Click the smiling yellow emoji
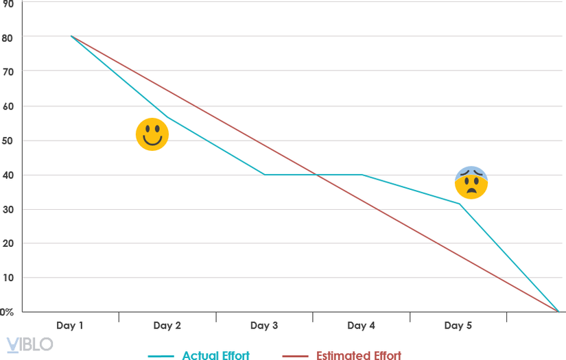coord(152,134)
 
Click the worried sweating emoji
coord(471,182)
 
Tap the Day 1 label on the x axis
coord(71,326)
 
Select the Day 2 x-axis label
coord(167,326)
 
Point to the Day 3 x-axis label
coord(264,326)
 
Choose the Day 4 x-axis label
coord(362,326)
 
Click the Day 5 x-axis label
coord(458,326)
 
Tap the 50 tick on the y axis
coord(8,141)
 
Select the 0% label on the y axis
coord(6,312)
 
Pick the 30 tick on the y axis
coord(8,209)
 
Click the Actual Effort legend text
coord(215,355)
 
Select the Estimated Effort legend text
coord(358,355)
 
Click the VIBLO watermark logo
coord(30,344)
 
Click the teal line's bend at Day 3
coord(265,175)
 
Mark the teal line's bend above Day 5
coord(460,204)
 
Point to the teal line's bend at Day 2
coord(168,117)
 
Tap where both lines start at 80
coord(71,36)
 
